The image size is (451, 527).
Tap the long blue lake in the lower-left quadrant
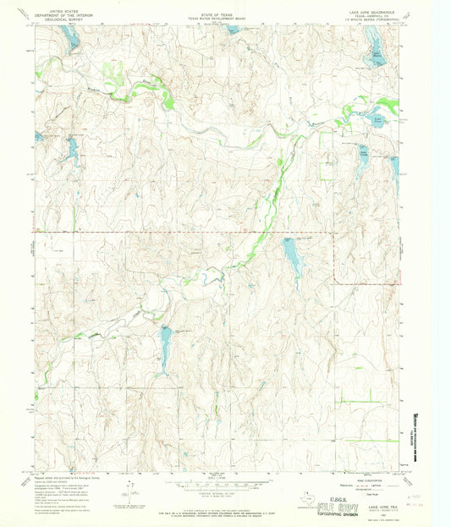click(x=165, y=340)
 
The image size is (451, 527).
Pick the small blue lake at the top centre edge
click(x=234, y=30)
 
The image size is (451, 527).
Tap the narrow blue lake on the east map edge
click(x=393, y=173)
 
